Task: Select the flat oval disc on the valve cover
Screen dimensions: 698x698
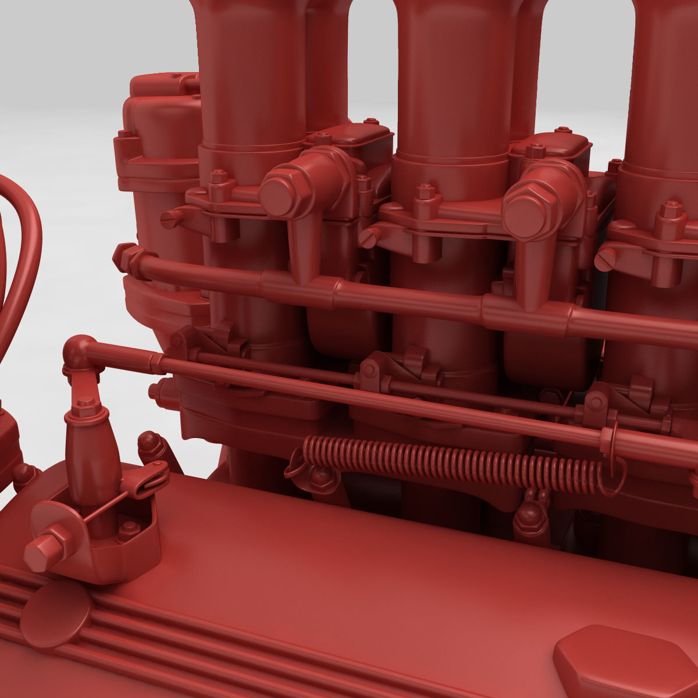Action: pyautogui.click(x=55, y=614)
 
